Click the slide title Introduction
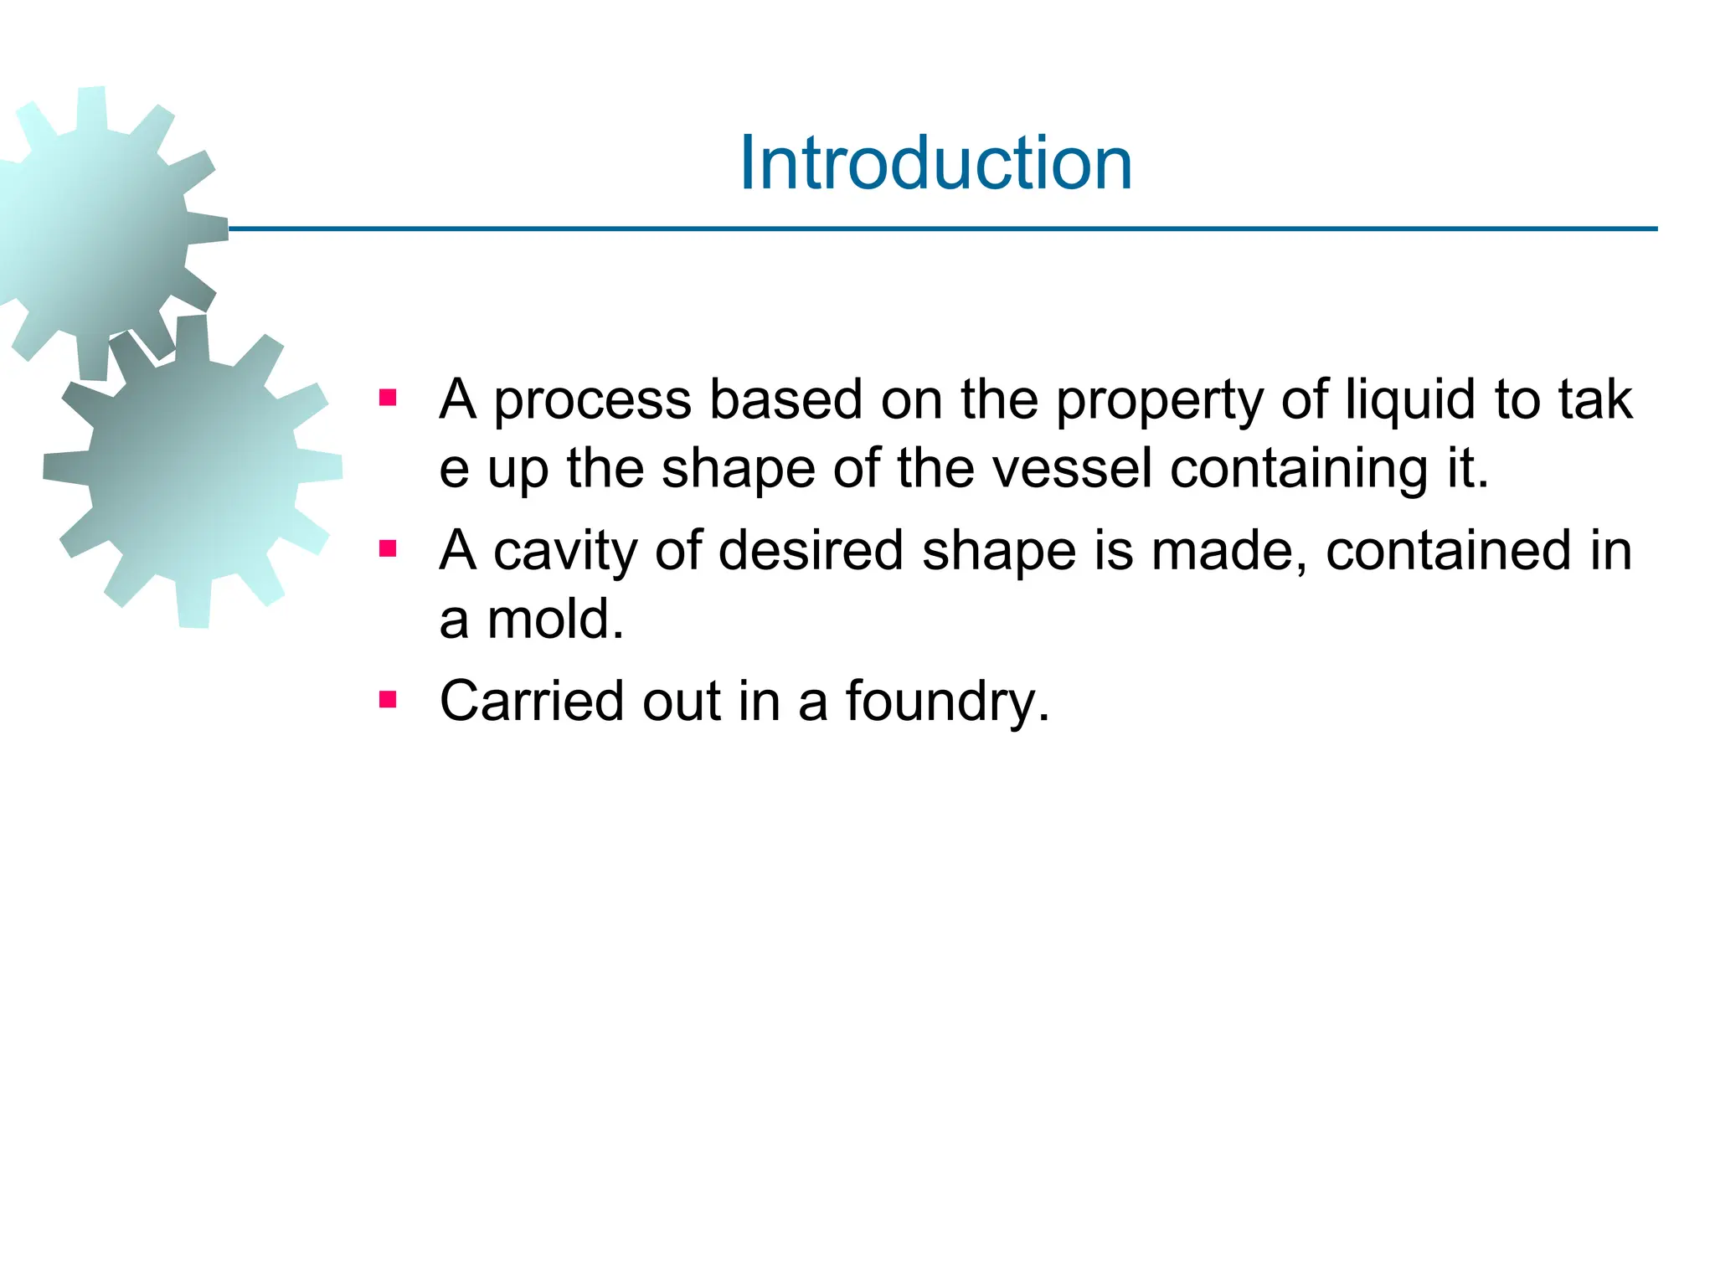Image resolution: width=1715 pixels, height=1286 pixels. (x=935, y=163)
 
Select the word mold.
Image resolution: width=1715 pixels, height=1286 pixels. (x=556, y=620)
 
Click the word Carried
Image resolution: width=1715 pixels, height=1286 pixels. (x=532, y=701)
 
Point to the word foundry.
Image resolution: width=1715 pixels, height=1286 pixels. (x=946, y=702)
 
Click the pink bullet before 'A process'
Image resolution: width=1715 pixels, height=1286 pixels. (x=387, y=398)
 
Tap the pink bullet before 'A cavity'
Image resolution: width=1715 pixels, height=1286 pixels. (x=387, y=549)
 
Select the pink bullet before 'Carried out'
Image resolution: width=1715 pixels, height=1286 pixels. (x=387, y=699)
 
